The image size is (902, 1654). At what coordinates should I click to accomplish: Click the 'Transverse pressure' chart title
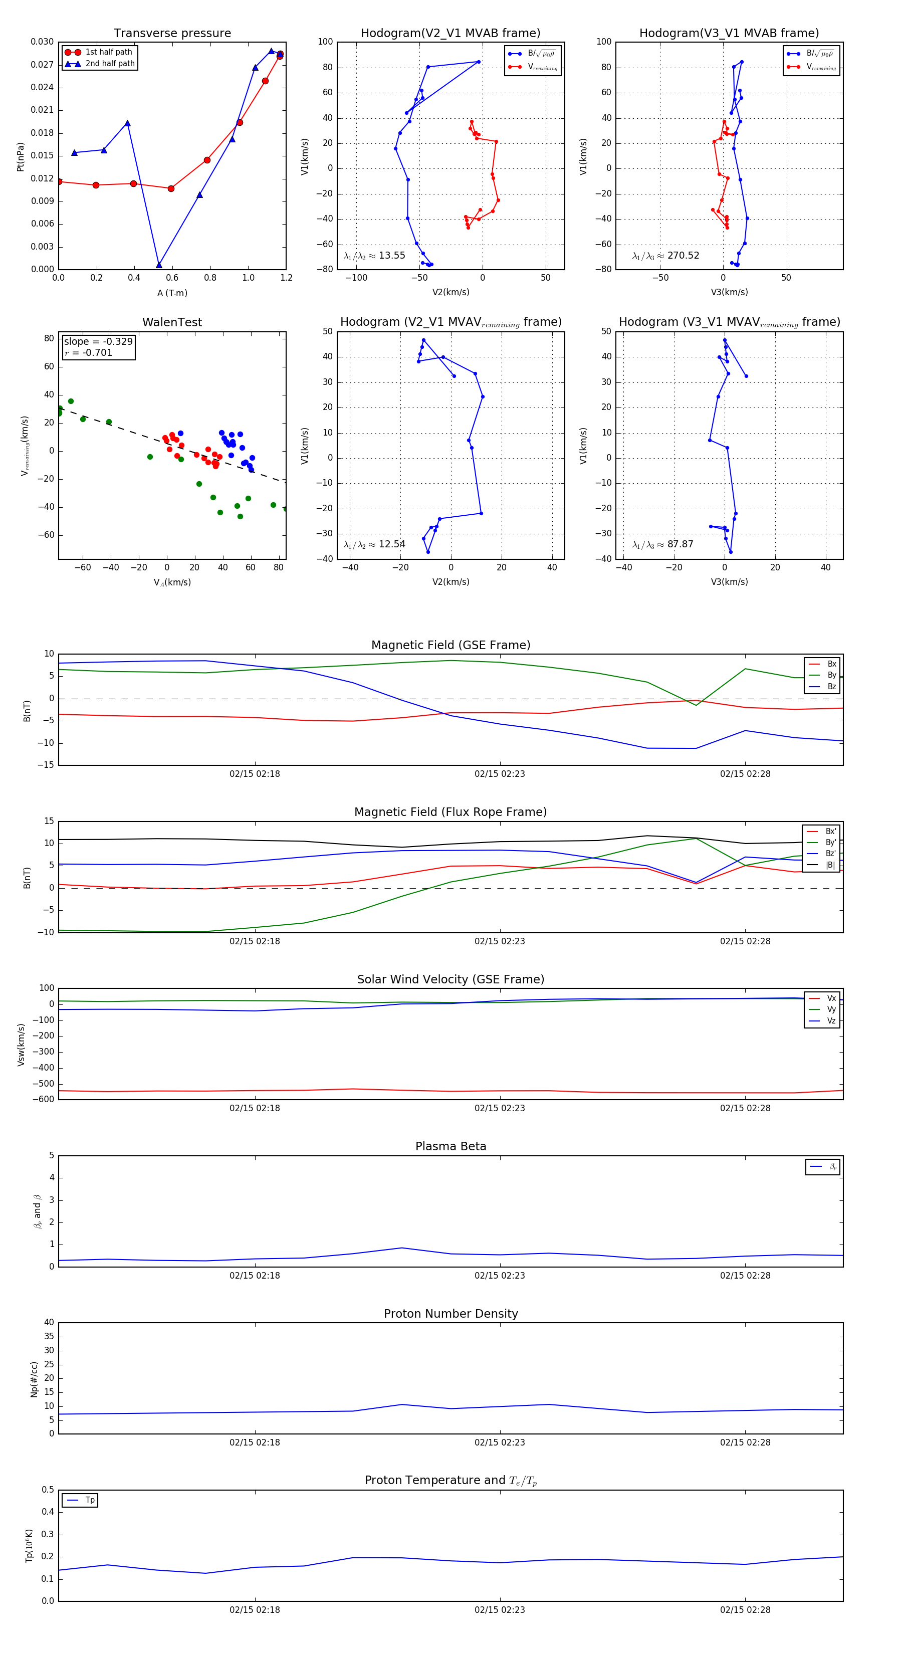pos(172,34)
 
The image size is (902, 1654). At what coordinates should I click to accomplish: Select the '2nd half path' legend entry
pos(110,64)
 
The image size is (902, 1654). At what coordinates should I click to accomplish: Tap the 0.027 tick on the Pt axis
pos(43,65)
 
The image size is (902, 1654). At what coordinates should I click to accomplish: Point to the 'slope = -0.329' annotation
pos(98,342)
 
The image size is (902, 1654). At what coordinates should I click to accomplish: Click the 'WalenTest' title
pos(172,322)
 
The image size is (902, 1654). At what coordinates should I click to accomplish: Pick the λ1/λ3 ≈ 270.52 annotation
pos(666,256)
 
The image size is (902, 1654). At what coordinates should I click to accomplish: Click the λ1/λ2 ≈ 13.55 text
pos(374,256)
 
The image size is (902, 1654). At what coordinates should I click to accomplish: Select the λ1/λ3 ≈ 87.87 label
pos(662,544)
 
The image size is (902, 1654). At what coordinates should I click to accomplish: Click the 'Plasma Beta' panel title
pos(450,1147)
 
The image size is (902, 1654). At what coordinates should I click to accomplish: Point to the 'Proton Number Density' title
pos(450,1314)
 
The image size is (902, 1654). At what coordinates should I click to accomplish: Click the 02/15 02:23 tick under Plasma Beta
pos(500,1275)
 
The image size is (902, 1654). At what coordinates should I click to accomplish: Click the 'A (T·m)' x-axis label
pos(172,293)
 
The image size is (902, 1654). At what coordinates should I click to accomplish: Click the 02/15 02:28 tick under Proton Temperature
pos(745,1610)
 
